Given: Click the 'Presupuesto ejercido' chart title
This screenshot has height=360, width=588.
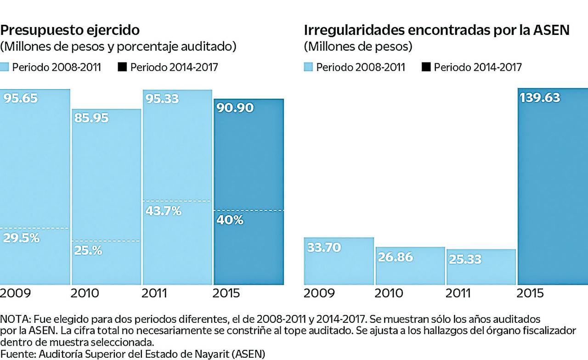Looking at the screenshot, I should click(x=70, y=30).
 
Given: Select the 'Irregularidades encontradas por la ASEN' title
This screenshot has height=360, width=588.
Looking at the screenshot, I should click(x=436, y=30).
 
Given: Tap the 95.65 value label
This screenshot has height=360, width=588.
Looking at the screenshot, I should click(x=21, y=98).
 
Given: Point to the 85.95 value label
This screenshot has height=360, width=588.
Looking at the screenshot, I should click(x=91, y=118).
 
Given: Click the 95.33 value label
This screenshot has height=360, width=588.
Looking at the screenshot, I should click(x=161, y=98).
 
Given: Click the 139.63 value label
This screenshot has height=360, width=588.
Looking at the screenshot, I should click(x=540, y=97).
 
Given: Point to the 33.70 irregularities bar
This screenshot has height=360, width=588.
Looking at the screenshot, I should click(x=339, y=261).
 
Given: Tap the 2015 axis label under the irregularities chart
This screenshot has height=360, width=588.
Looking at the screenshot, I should click(x=531, y=293).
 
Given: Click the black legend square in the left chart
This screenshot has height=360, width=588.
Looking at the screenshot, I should click(x=122, y=67).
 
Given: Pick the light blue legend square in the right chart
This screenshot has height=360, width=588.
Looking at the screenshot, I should click(x=308, y=67).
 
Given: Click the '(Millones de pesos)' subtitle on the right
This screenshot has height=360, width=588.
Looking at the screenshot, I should click(x=358, y=46).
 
